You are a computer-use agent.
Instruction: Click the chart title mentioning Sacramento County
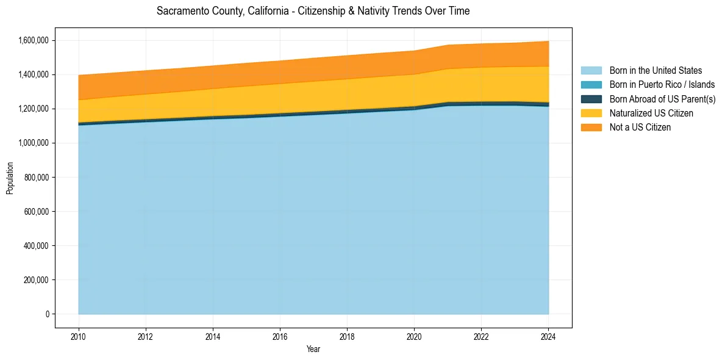(x=313, y=12)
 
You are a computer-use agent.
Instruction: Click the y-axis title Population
(x=10, y=178)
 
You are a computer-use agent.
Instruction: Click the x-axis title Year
(x=313, y=350)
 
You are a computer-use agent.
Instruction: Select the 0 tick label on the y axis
(x=47, y=314)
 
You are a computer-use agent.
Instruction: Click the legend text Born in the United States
(x=655, y=71)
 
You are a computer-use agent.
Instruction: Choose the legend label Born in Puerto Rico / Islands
(x=662, y=85)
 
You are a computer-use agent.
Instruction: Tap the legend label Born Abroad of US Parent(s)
(x=662, y=99)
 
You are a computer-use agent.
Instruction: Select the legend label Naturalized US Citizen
(x=651, y=113)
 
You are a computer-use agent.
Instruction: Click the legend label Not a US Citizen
(x=640, y=128)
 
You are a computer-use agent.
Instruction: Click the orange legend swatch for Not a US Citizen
(x=591, y=128)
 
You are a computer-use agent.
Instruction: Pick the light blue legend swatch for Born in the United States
(x=591, y=71)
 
